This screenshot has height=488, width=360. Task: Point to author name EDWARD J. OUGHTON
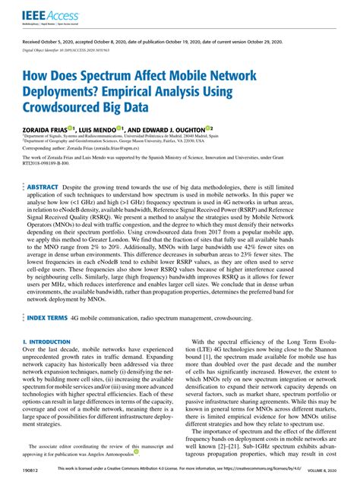pos(174,129)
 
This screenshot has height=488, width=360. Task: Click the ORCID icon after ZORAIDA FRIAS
pos(71,128)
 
